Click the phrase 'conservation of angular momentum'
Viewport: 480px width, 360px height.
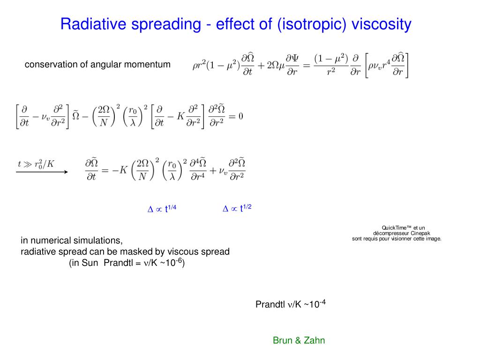click(97, 65)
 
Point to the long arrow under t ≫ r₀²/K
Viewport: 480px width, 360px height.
click(42, 172)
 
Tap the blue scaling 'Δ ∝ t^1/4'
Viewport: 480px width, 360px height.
click(162, 209)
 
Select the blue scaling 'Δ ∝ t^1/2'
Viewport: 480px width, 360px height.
click(237, 209)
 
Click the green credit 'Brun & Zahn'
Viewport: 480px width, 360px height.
click(299, 341)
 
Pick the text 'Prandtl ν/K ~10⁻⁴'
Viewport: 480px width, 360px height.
click(290, 305)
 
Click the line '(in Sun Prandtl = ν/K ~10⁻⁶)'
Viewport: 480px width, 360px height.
click(127, 263)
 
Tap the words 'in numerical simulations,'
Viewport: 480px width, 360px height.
click(72, 241)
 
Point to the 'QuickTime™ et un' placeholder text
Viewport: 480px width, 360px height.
click(397, 228)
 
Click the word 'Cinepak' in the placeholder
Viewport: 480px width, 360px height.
click(420, 233)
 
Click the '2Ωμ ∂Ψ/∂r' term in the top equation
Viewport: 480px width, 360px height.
click(278, 65)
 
